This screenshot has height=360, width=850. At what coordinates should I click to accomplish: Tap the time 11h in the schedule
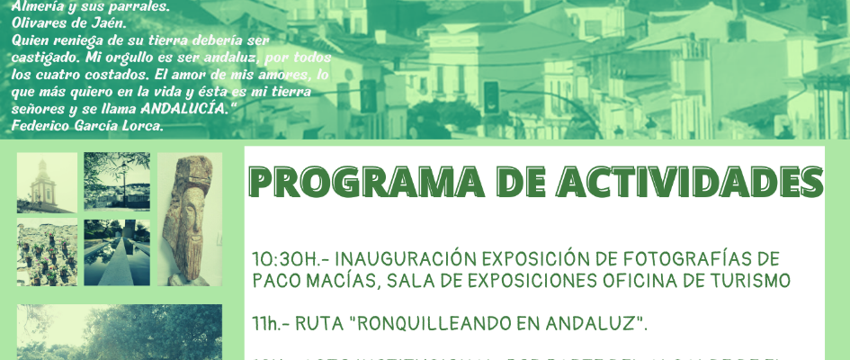pos(269,321)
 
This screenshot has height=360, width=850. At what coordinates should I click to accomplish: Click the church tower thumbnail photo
pos(47,181)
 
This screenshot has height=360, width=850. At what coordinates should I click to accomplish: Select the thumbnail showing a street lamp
pos(117,181)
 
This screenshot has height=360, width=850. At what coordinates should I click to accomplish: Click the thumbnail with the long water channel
pos(117,253)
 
